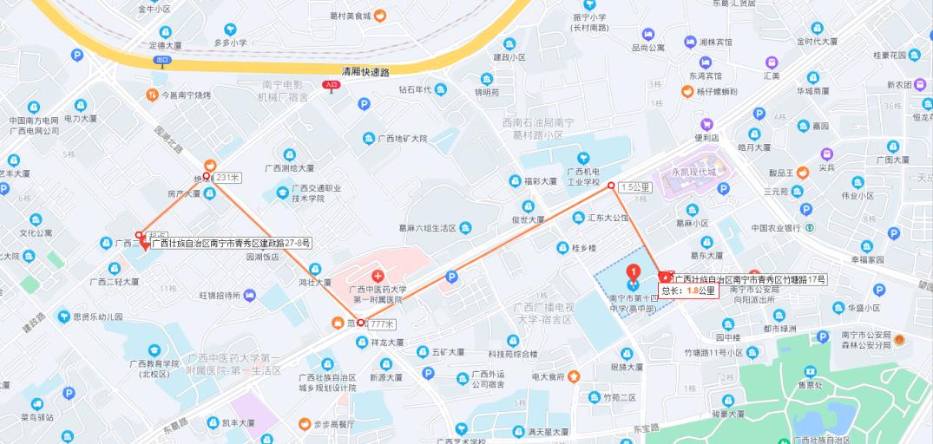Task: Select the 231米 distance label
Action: pos(227,177)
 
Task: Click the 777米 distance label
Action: pos(382,323)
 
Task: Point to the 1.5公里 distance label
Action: pos(635,186)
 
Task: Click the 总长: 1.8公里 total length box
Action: pos(688,291)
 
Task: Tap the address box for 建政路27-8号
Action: pos(231,243)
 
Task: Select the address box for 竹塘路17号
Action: pos(751,279)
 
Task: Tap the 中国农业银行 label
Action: pos(775,228)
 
